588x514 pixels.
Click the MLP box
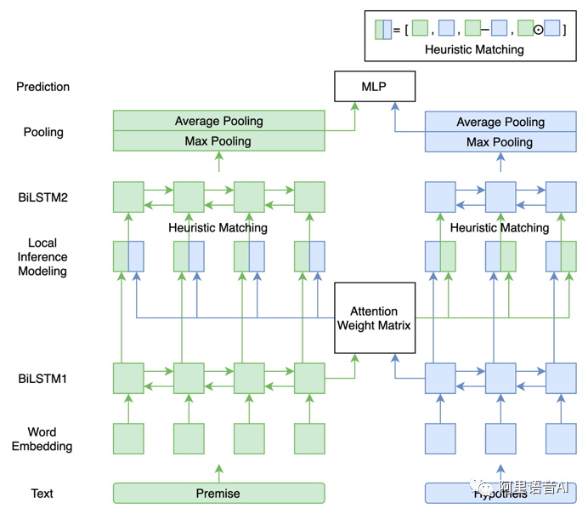coord(374,87)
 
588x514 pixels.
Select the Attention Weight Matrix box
coord(374,318)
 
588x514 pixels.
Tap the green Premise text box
coord(219,494)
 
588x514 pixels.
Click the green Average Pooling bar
coord(219,121)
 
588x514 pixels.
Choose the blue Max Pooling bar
coord(500,142)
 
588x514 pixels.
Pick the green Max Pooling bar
coord(219,141)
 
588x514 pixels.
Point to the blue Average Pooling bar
coord(500,123)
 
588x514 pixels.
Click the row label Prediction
coord(42,87)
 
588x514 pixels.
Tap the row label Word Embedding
coord(42,439)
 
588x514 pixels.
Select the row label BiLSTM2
coord(42,197)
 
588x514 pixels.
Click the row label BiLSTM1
coord(42,378)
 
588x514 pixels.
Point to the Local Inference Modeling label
coord(42,257)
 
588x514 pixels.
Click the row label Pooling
coord(42,132)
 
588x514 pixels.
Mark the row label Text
coord(42,494)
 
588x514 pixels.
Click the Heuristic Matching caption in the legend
coord(474,49)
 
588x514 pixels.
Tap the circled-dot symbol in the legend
coord(538,30)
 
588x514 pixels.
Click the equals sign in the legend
coord(397,30)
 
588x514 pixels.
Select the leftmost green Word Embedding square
coord(128,439)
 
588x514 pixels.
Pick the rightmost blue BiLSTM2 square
coord(561,197)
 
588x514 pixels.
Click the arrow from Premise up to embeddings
coord(219,471)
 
